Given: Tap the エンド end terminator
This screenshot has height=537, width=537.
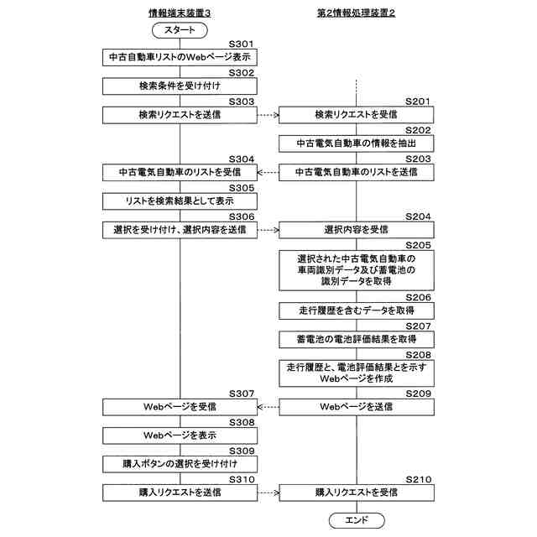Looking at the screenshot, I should pyautogui.click(x=357, y=520).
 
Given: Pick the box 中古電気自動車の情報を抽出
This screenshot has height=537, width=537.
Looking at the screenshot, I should pyautogui.click(x=357, y=143).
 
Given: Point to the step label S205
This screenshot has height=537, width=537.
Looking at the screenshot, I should pyautogui.click(x=418, y=244).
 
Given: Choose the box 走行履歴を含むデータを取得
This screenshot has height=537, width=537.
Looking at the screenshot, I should pyautogui.click(x=357, y=310).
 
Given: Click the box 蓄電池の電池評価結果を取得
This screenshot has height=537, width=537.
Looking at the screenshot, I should pyautogui.click(x=357, y=339).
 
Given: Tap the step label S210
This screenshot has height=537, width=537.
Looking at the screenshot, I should pyautogui.click(x=418, y=479).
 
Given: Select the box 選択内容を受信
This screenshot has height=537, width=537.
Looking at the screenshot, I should pyautogui.click(x=357, y=229).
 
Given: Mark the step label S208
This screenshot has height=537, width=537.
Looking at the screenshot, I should pyautogui.click(x=418, y=354).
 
